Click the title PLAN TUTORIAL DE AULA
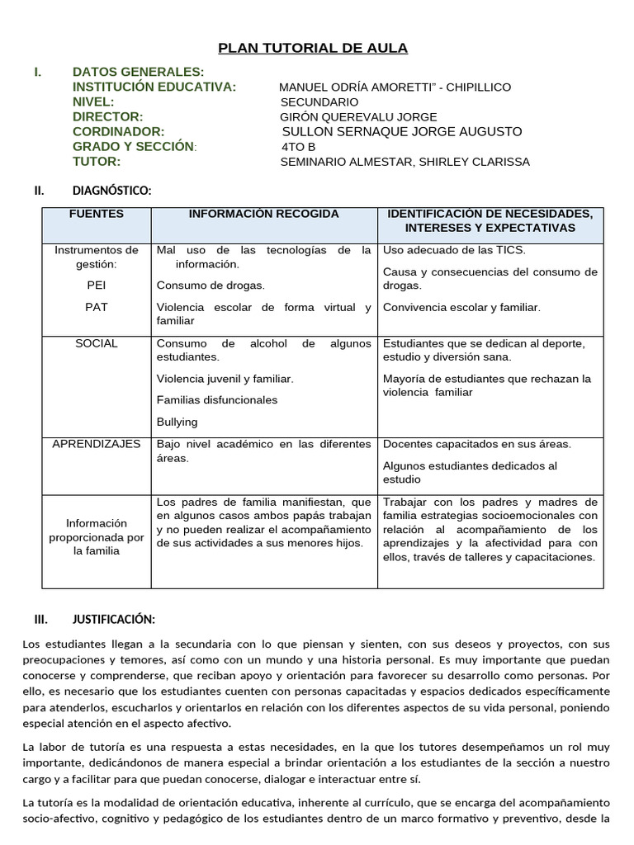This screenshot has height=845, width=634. pyautogui.click(x=313, y=48)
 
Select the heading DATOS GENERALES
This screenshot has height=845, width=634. pyautogui.click(x=138, y=73)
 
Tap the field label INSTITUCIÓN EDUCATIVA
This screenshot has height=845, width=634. pyautogui.click(x=154, y=87)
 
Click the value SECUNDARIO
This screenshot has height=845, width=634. pyautogui.click(x=319, y=101)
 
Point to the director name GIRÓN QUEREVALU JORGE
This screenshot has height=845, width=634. pyautogui.click(x=359, y=116)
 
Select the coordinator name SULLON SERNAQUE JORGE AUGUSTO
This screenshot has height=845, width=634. pyautogui.click(x=402, y=131)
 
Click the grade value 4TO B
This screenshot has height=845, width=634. pyautogui.click(x=299, y=147)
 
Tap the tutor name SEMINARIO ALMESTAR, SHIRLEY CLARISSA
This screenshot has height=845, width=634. pyautogui.click(x=405, y=162)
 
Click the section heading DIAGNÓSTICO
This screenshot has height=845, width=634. pyautogui.click(x=111, y=191)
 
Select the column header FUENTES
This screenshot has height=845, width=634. pyautogui.click(x=97, y=215)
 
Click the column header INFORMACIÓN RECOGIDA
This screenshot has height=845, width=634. pyautogui.click(x=264, y=215)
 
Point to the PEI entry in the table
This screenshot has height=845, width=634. pyautogui.click(x=97, y=285)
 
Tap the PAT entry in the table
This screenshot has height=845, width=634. pyautogui.click(x=97, y=307)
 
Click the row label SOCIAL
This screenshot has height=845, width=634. pyautogui.click(x=97, y=343)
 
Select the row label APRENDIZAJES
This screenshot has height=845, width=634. pyautogui.click(x=97, y=444)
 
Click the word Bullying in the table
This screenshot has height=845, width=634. pyautogui.click(x=177, y=422)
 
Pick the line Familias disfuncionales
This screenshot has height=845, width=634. pyautogui.click(x=217, y=400)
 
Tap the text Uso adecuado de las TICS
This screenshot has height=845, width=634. pyautogui.click(x=454, y=250)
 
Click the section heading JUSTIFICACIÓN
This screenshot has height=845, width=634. pyautogui.click(x=114, y=619)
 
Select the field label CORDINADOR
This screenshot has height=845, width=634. pyautogui.click(x=119, y=132)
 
